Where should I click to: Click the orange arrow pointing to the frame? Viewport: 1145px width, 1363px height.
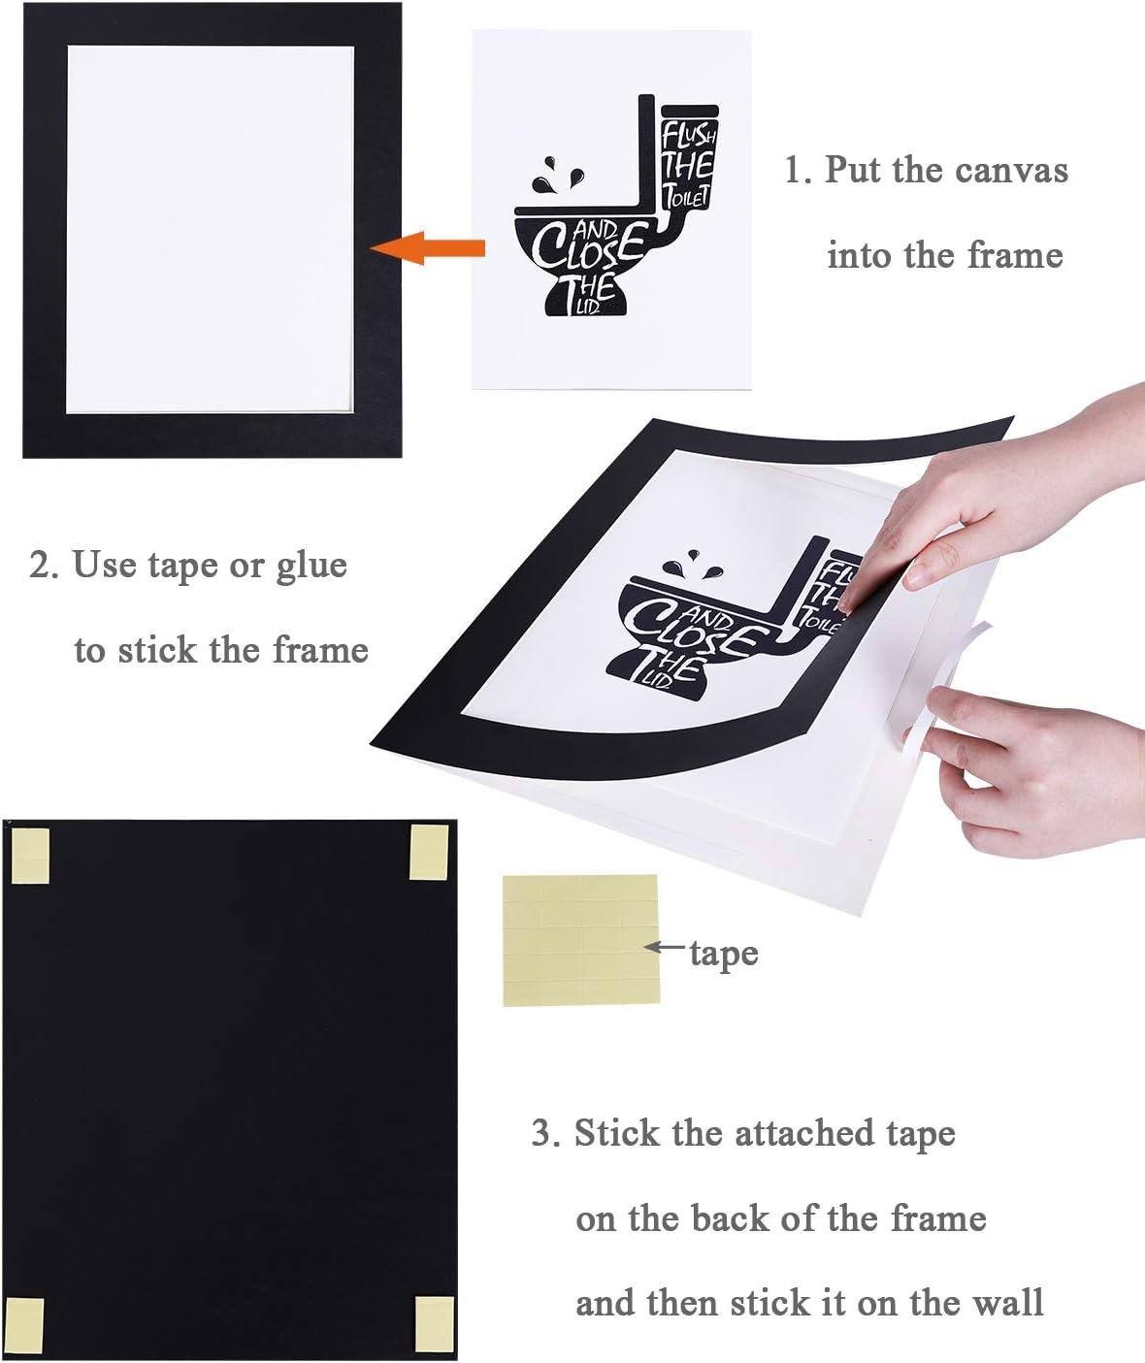[428, 248]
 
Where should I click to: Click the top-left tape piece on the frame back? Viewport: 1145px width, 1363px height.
[29, 856]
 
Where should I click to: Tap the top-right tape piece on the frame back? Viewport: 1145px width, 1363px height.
[429, 852]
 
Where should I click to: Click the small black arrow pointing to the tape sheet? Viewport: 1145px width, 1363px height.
[666, 946]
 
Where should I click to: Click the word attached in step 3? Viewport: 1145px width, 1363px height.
[804, 1133]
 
